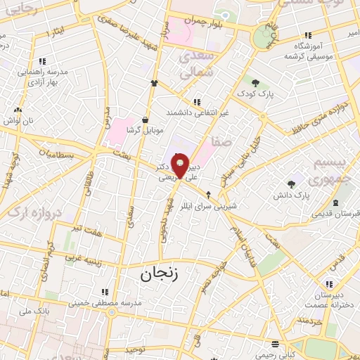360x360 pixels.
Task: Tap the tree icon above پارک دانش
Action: [291, 184]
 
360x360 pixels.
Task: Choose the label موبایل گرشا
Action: [146, 130]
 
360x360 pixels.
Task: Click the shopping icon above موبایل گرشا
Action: [145, 120]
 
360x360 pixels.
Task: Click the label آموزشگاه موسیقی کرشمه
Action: [307, 51]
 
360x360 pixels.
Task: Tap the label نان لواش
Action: [19, 120]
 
